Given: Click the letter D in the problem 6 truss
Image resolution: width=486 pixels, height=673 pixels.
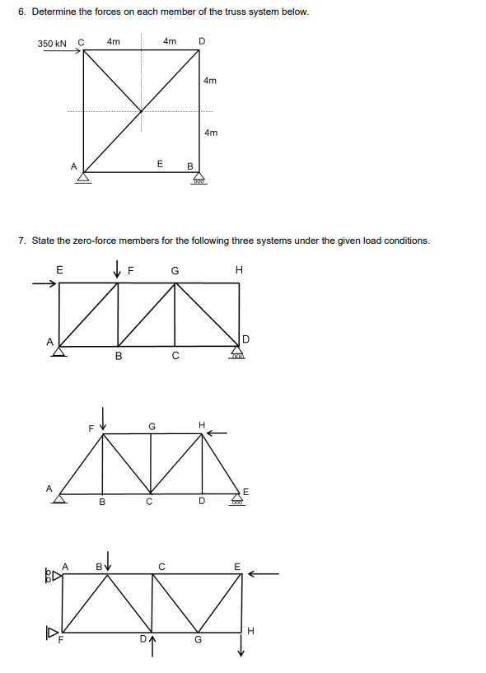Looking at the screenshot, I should point(202,41).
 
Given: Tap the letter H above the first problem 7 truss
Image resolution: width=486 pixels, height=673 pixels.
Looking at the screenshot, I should point(239,269).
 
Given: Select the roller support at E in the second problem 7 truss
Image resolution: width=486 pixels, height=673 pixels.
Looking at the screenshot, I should point(239,499).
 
